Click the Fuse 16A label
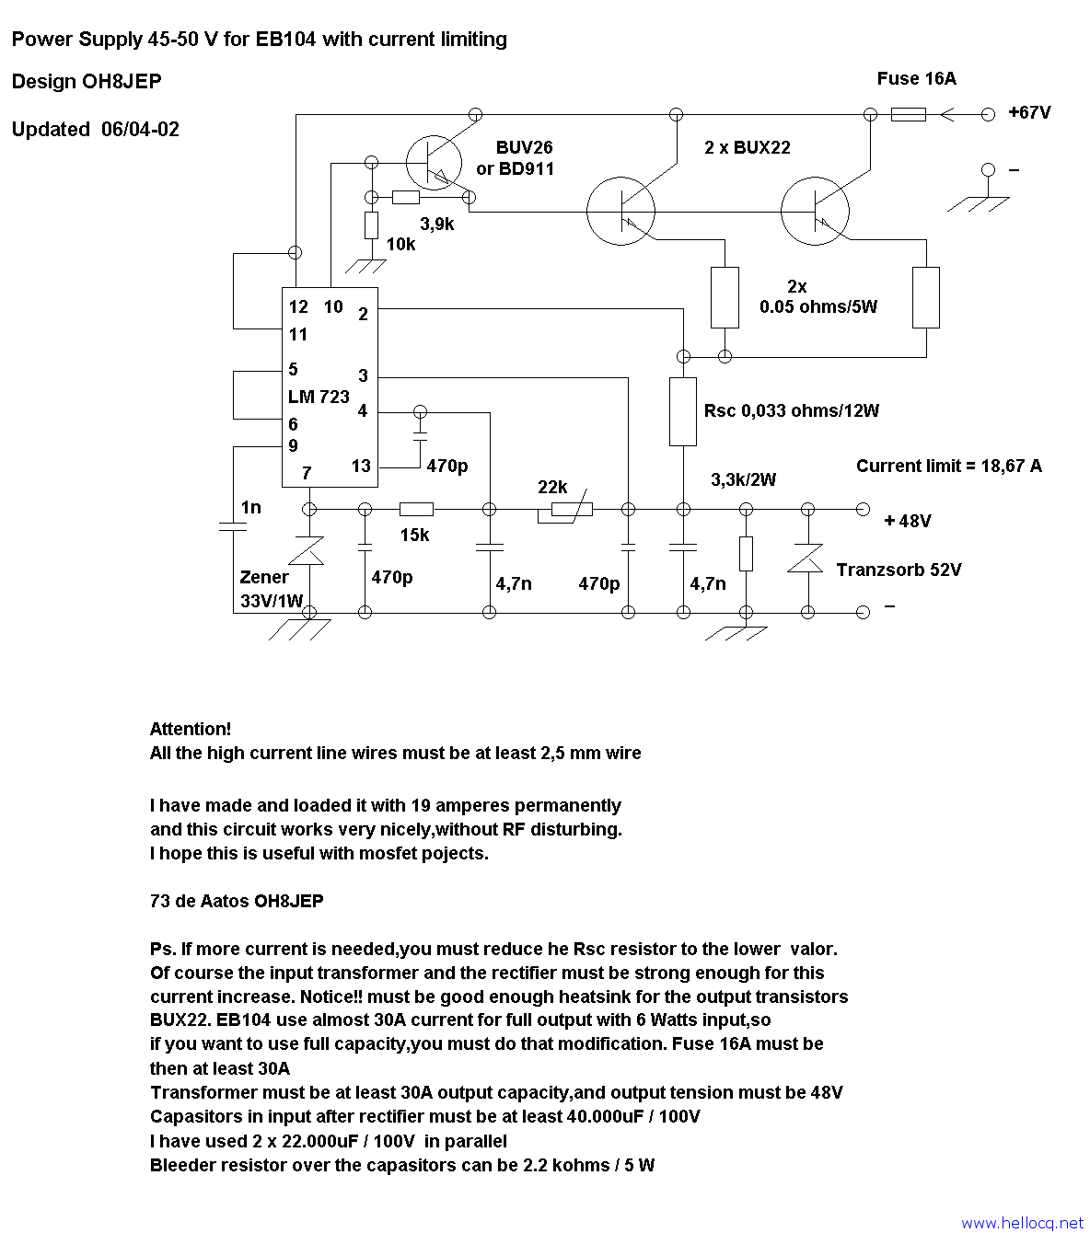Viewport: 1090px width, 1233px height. coord(916,78)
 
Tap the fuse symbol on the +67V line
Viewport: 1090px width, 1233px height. coord(908,114)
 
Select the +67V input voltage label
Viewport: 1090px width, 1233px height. coord(1029,112)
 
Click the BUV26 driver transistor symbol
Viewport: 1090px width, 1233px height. coord(434,163)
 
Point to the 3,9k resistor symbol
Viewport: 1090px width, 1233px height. coord(406,197)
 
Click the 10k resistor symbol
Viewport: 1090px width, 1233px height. coord(371,225)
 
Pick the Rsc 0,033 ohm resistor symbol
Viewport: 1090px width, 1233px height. coord(682,411)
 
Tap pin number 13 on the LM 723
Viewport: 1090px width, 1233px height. coord(361,466)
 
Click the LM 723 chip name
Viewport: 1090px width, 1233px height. coord(319,397)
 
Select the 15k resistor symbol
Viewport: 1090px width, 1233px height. coord(416,509)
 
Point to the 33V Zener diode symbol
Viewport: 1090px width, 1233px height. coord(309,550)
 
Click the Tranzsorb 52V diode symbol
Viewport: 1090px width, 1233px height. coord(806,559)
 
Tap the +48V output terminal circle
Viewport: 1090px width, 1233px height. coord(863,509)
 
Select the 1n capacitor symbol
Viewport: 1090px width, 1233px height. coord(233,526)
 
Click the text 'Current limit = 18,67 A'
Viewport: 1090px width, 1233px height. coord(949,467)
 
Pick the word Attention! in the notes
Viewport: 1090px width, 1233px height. coord(191,729)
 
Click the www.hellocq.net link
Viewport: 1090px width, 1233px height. coord(1023,1223)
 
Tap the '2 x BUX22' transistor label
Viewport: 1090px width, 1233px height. coord(748,148)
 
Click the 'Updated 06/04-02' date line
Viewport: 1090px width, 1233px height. coord(96,129)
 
